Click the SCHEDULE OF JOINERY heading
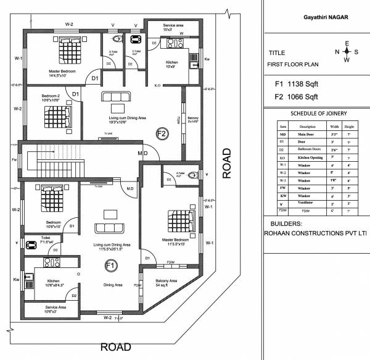pos(318,114)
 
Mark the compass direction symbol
pos(347,52)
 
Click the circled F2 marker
pos(162,133)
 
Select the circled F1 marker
pos(111,266)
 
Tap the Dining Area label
pos(112,285)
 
